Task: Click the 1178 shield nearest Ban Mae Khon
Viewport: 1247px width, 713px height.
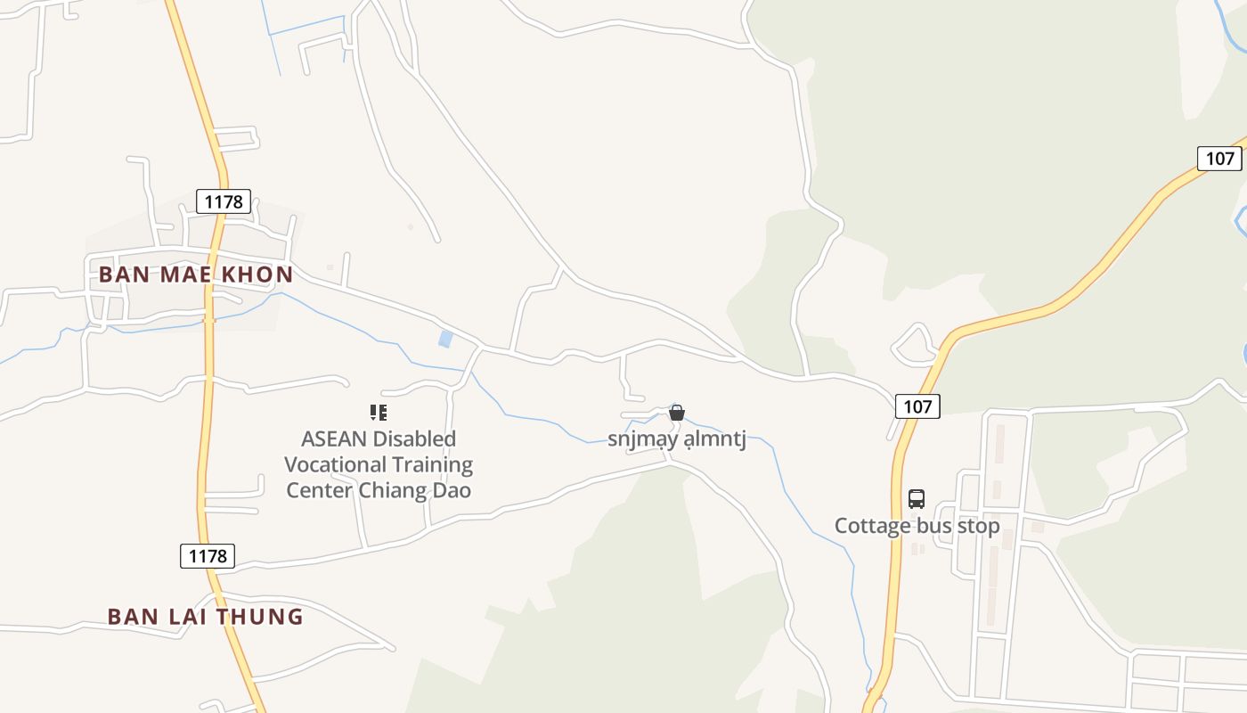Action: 224,201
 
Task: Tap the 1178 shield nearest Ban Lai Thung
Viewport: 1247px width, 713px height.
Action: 208,556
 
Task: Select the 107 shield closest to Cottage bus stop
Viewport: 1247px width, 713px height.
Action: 917,406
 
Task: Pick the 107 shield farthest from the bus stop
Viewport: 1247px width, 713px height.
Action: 1218,159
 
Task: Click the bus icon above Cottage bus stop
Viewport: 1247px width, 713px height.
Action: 917,499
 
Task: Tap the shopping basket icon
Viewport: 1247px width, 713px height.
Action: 677,413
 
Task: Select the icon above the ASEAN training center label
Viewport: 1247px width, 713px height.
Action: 379,413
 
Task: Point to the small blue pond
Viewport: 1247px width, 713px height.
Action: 445,339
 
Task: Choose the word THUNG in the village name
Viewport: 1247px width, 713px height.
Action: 263,617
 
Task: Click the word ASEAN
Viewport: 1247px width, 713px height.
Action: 335,438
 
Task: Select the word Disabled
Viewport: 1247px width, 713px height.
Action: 415,438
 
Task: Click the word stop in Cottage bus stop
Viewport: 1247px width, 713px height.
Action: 978,526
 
